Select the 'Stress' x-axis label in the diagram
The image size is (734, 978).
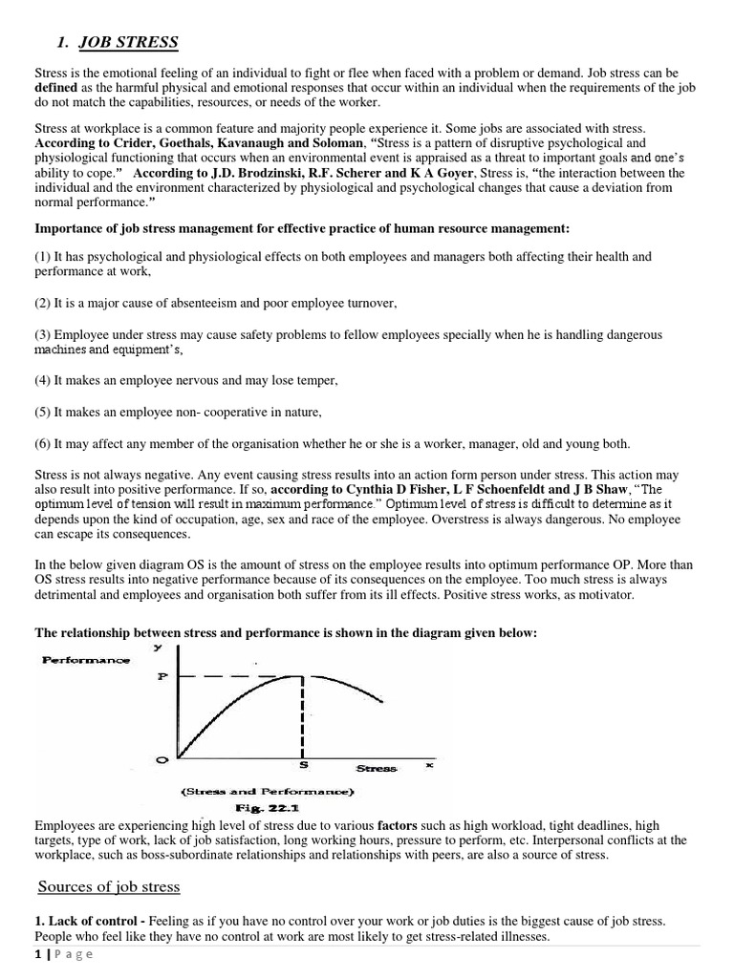(376, 767)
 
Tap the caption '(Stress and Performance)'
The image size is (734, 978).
(267, 791)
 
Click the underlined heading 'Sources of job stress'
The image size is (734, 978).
(109, 886)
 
